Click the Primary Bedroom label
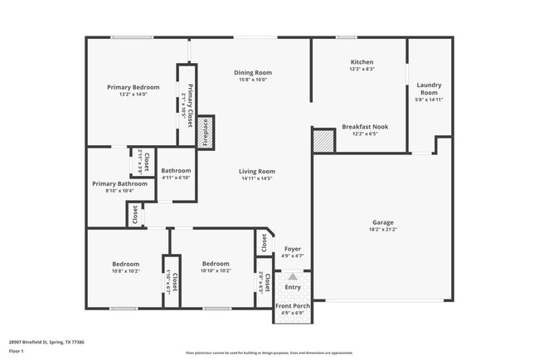133,86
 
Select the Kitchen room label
362,62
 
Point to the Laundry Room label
429,89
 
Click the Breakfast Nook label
365,127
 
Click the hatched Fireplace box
206,131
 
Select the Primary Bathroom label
120,183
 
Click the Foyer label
293,249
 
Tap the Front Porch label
293,305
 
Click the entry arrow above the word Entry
293,277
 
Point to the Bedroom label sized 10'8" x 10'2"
126,264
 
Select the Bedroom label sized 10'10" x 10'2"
216,264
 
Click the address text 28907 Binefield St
46,341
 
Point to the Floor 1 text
17,352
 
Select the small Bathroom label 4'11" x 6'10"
176,172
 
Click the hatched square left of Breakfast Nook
323,141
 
